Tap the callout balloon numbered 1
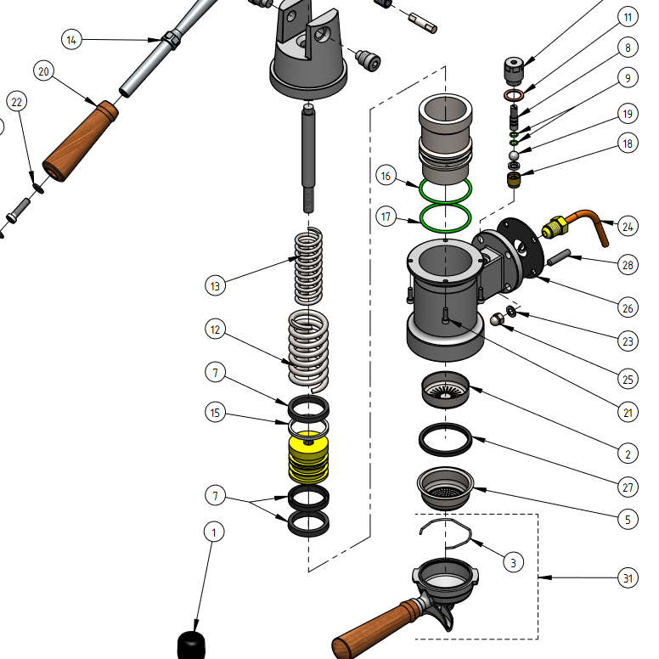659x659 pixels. tap(214, 532)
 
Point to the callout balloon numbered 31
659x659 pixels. tap(627, 578)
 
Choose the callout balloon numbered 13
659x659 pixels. tap(216, 286)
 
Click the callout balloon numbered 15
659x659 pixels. tap(216, 413)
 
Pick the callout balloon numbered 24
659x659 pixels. tap(628, 226)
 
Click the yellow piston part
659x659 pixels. tap(309, 459)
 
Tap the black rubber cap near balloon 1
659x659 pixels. tap(191, 645)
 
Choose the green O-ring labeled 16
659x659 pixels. tap(446, 189)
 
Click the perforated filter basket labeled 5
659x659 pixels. tap(443, 488)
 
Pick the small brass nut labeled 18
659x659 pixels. tap(513, 179)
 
